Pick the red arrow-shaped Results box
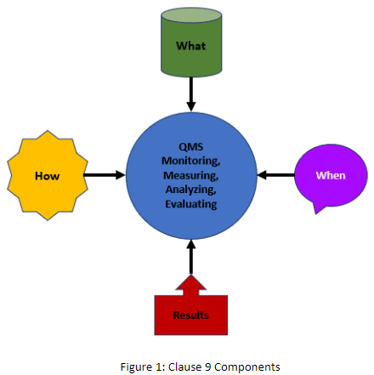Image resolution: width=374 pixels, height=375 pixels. (x=190, y=311)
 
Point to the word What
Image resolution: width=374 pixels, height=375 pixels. (x=191, y=44)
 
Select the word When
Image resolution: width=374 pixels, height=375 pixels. (x=331, y=175)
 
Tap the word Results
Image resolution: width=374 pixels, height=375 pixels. (x=190, y=315)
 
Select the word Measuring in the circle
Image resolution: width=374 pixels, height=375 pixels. (x=190, y=174)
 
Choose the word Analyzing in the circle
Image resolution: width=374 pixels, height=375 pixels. (x=190, y=190)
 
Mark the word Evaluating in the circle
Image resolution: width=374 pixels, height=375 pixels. (x=190, y=205)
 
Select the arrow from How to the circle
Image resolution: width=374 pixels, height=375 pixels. (x=104, y=175)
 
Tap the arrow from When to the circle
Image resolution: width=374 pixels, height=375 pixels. (x=275, y=175)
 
